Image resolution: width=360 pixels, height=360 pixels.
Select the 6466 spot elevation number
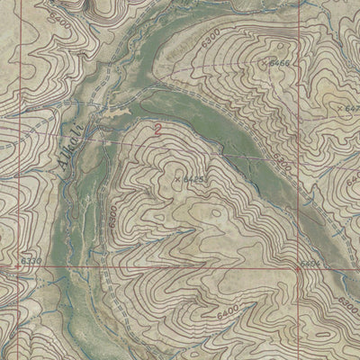tap(279, 64)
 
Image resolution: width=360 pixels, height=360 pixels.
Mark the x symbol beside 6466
tap(264, 64)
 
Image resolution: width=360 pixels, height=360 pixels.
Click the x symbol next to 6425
tap(177, 179)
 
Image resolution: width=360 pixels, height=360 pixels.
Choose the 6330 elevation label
tap(29, 260)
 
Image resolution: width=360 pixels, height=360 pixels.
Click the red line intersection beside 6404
tap(296, 267)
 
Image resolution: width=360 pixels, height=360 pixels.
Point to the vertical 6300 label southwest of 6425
tap(113, 218)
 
